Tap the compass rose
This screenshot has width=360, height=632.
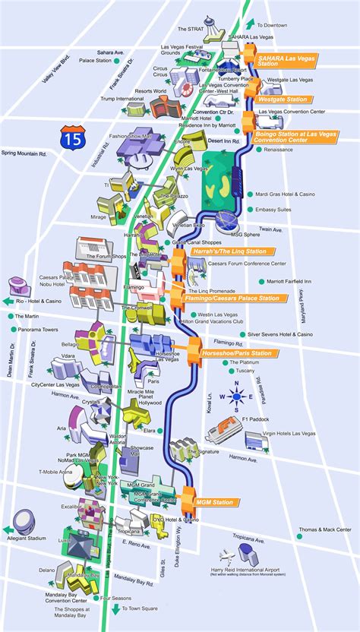(x=237, y=396)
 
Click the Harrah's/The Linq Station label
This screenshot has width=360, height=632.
(x=233, y=251)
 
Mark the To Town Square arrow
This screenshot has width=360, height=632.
(x=116, y=608)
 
